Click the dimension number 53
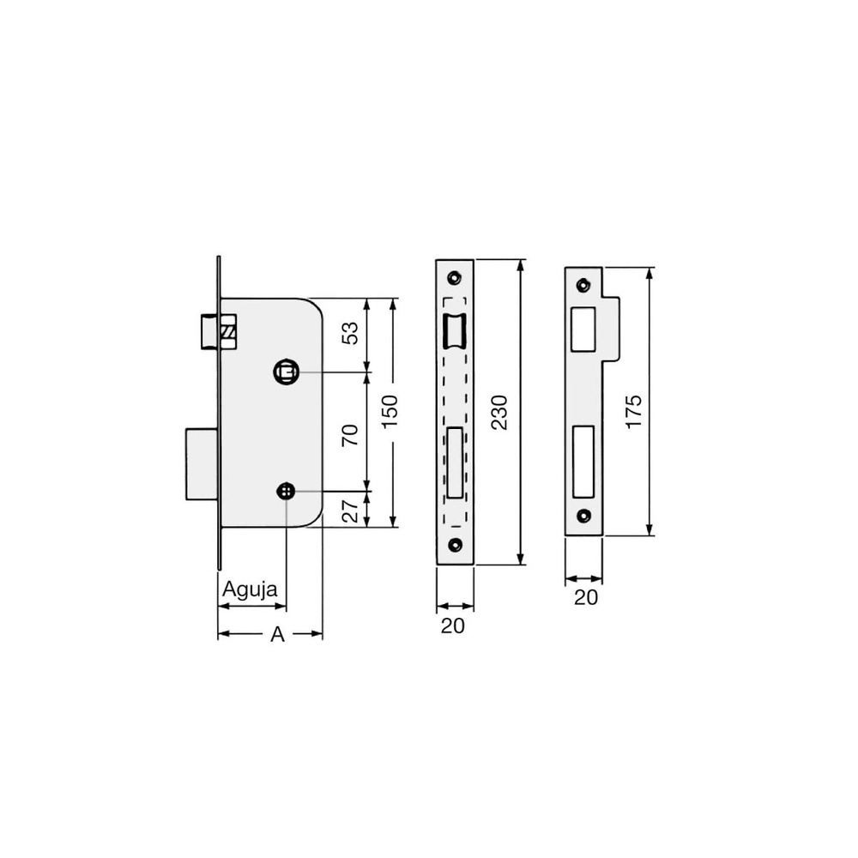pyautogui.click(x=350, y=333)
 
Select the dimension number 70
pyautogui.click(x=350, y=434)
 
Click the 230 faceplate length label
pyautogui.click(x=499, y=412)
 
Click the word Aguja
pyautogui.click(x=250, y=590)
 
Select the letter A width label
pyautogui.click(x=277, y=635)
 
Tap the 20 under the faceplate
pyautogui.click(x=452, y=625)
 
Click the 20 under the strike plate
pyautogui.click(x=585, y=597)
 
